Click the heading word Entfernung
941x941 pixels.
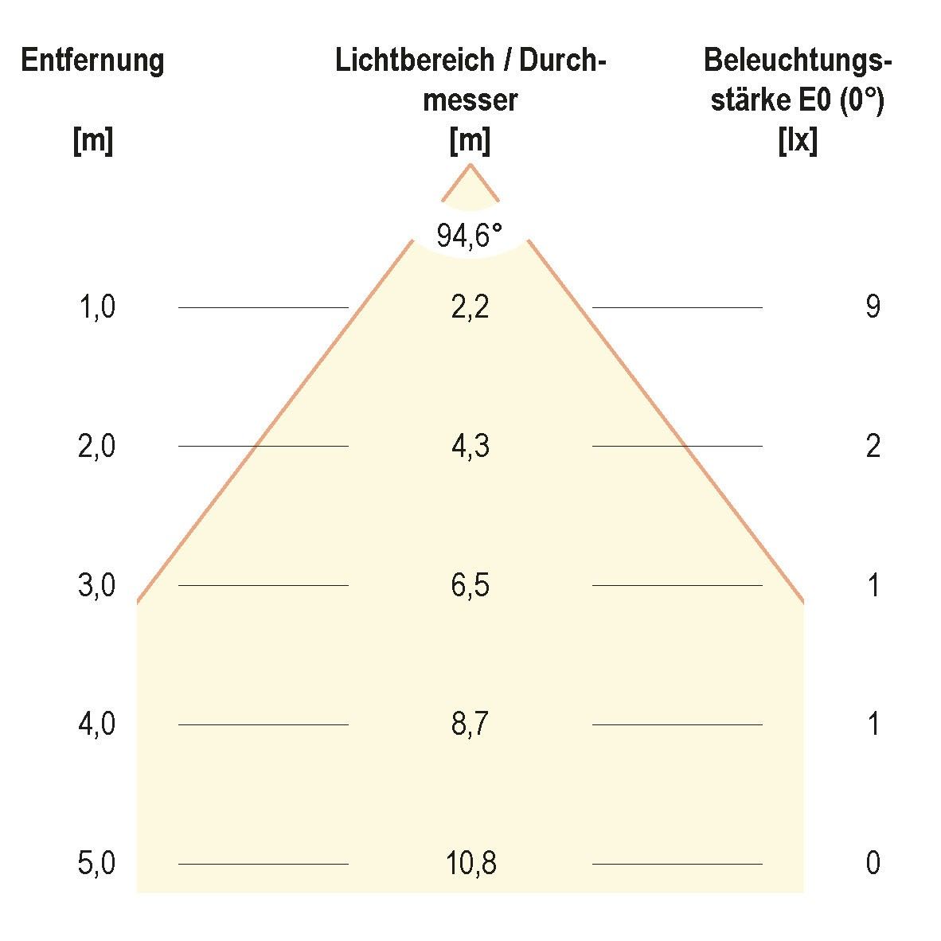(92, 61)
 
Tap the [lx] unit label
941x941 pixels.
(797, 142)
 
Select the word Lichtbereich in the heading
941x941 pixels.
(403, 61)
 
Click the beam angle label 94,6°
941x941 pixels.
(470, 236)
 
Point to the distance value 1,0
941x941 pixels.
(97, 307)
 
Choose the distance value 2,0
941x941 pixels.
(97, 447)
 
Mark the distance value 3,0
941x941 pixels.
(97, 586)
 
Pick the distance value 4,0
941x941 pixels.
(97, 725)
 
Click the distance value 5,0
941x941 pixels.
(97, 864)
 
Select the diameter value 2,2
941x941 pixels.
(470, 307)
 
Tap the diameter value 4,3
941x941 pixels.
(470, 447)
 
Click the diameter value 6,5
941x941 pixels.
(470, 586)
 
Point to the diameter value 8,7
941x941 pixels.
(470, 725)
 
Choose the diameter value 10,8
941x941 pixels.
(470, 864)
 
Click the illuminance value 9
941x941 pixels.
(873, 307)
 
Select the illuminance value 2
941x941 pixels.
(873, 447)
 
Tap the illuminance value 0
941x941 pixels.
(873, 864)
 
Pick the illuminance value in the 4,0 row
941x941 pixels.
(873, 725)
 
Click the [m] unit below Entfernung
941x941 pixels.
(92, 142)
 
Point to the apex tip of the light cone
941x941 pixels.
(470, 165)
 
